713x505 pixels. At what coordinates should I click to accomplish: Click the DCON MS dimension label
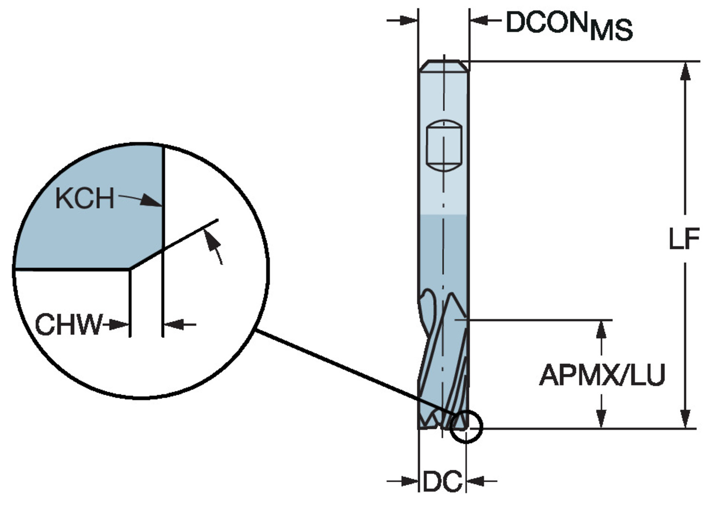[x=569, y=26]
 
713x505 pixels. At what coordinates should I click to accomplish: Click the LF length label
[x=684, y=239]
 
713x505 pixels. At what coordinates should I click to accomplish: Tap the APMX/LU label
[x=602, y=375]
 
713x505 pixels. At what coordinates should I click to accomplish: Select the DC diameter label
[x=442, y=481]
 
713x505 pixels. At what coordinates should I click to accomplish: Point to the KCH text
[x=85, y=198]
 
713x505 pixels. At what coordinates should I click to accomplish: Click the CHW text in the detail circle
[x=69, y=324]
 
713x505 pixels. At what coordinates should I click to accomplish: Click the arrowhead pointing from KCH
[x=152, y=200]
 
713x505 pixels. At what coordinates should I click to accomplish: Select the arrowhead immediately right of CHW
[x=119, y=325]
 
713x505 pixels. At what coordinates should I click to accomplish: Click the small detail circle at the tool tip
[x=466, y=427]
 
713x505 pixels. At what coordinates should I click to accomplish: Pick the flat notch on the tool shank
[x=444, y=146]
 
